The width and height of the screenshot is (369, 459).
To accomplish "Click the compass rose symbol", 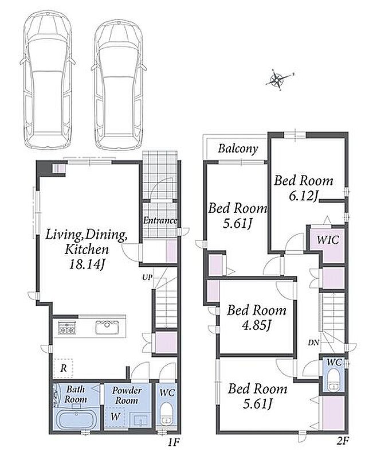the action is [x=277, y=80].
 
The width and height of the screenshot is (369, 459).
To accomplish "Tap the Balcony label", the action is [x=238, y=149].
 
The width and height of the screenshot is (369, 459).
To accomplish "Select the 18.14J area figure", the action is [x=87, y=265].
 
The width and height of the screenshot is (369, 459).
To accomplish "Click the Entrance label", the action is [x=160, y=220].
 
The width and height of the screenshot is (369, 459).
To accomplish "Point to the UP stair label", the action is [x=147, y=277].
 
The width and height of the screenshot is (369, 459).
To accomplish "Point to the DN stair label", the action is [x=313, y=343].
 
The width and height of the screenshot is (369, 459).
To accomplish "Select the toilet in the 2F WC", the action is [x=333, y=380].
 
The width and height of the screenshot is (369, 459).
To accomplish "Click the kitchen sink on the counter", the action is [x=107, y=327].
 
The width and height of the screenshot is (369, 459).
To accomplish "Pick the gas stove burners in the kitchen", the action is [x=67, y=328].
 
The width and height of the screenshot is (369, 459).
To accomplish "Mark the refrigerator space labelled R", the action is [x=64, y=368].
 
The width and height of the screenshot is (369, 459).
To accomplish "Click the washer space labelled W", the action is [x=115, y=417].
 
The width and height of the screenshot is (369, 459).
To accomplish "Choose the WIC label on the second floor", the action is [x=328, y=240].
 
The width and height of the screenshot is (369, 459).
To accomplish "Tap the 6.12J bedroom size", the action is [x=303, y=196].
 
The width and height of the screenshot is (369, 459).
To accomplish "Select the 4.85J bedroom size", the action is [x=257, y=325].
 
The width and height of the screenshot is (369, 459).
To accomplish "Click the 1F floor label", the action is [x=173, y=442].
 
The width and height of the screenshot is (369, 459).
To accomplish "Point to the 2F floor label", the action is [x=342, y=441].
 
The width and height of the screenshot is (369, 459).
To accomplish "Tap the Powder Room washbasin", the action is [x=140, y=420].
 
